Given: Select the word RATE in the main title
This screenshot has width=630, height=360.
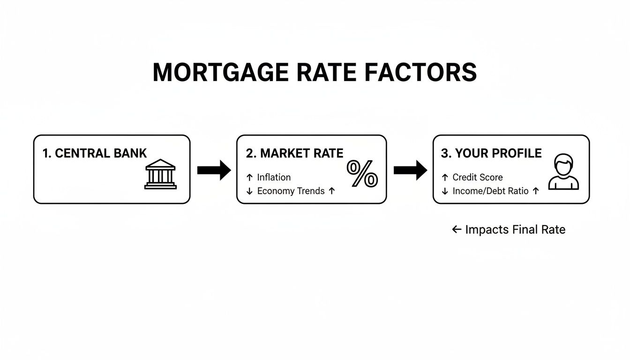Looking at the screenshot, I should [x=325, y=73].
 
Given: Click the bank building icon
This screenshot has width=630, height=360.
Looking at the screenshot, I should [x=160, y=174].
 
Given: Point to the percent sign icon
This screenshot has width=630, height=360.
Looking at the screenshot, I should [x=362, y=174].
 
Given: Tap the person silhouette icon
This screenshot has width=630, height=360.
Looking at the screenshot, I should [x=563, y=172].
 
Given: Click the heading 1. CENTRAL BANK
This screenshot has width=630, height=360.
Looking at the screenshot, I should [x=95, y=153].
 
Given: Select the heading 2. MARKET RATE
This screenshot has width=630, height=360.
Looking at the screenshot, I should [x=294, y=153].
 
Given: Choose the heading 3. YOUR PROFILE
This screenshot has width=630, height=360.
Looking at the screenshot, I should [x=491, y=153].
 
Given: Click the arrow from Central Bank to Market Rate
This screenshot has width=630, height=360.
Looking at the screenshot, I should [x=214, y=170].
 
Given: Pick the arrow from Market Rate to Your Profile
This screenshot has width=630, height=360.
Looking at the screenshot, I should [x=410, y=170].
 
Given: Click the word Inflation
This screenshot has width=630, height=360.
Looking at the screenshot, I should [x=274, y=177].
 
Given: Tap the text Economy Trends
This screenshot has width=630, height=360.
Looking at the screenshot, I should [x=291, y=191].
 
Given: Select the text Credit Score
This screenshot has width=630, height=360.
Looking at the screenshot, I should [x=477, y=177].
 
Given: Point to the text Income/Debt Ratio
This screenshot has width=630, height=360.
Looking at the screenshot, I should [x=490, y=191].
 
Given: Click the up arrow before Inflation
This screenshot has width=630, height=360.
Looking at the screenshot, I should [x=249, y=177].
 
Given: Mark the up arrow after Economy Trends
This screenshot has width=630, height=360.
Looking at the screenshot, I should [x=332, y=191].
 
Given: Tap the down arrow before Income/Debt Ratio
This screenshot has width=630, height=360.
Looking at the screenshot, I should [x=445, y=191].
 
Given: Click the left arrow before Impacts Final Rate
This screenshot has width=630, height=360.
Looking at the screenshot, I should [x=457, y=229].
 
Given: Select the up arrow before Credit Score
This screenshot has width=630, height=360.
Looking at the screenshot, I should [x=445, y=177].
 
